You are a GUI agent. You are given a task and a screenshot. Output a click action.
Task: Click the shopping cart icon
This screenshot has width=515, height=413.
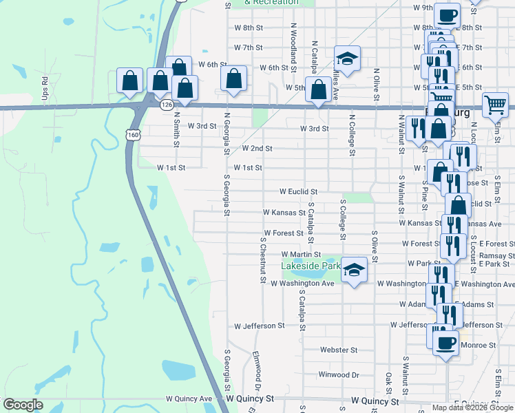pyautogui.click(x=495, y=105)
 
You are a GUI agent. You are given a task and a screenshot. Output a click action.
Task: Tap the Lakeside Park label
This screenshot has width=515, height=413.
pyautogui.click(x=311, y=265)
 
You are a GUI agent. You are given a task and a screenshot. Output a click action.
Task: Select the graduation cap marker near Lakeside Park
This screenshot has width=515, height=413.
pyautogui.click(x=354, y=271)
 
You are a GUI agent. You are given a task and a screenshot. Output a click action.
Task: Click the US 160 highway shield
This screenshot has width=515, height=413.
pyautogui.click(x=132, y=135)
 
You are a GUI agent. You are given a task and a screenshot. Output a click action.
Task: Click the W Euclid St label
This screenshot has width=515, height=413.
pyautogui.click(x=297, y=191)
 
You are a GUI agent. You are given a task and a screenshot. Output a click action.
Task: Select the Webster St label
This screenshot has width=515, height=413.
pyautogui.click(x=337, y=350)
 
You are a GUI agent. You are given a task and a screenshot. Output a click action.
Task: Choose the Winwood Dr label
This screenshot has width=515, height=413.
pyautogui.click(x=339, y=375)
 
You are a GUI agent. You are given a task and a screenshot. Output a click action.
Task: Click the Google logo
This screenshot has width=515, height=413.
pyautogui.click(x=23, y=404)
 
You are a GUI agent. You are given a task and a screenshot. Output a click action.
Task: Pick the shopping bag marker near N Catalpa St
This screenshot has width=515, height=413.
pyautogui.click(x=318, y=89)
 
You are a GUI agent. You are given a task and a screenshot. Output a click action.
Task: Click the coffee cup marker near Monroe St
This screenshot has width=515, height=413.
pyautogui.click(x=445, y=341)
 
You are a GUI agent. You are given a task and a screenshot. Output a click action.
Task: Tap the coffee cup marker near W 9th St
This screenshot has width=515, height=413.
pyautogui.click(x=446, y=14)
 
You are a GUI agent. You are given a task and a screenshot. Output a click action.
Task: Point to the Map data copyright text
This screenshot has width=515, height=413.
pyautogui.click(x=472, y=407)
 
